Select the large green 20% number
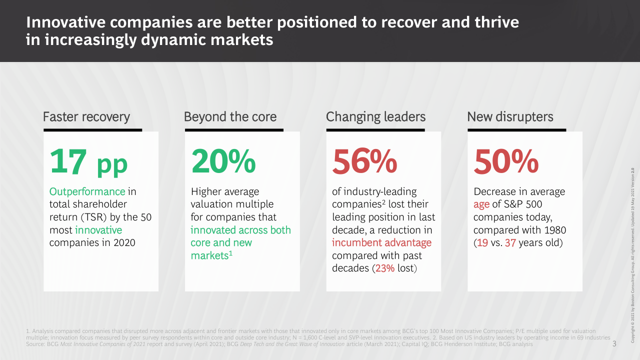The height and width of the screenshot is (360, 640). (223, 161)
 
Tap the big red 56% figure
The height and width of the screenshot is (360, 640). (364, 161)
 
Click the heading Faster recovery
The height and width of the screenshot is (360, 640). (86, 117)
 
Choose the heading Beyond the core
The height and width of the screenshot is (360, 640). (230, 117)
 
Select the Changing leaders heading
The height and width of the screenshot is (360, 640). (375, 117)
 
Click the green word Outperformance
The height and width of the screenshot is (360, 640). (87, 191)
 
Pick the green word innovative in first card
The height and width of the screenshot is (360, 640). (98, 230)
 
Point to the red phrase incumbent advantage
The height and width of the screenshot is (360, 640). (381, 243)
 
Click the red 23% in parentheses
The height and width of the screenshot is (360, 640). (385, 268)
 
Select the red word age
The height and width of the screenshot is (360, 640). (481, 204)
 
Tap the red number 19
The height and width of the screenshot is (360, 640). (483, 243)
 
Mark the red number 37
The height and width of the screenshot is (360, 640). (510, 243)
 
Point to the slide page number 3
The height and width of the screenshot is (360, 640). (614, 344)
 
